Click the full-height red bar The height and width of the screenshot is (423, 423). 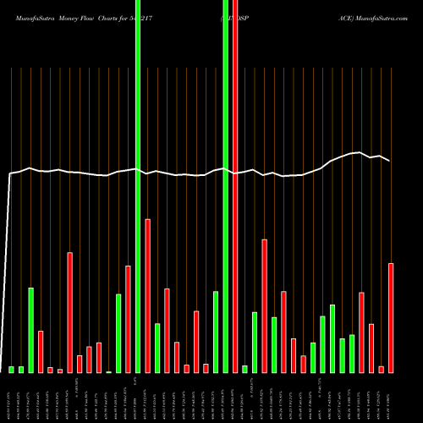[235, 186]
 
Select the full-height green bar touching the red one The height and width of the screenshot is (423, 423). [226, 186]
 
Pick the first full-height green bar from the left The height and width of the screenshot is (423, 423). [138, 186]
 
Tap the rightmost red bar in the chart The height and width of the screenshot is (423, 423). [391, 317]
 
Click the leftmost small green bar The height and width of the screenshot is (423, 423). [12, 369]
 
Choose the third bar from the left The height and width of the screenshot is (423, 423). [31, 330]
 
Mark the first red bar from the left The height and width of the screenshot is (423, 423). [41, 351]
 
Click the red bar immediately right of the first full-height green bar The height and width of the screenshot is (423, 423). [148, 295]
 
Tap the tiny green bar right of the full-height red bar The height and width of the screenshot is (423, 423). [244, 369]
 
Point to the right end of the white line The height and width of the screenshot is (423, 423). [390, 161]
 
